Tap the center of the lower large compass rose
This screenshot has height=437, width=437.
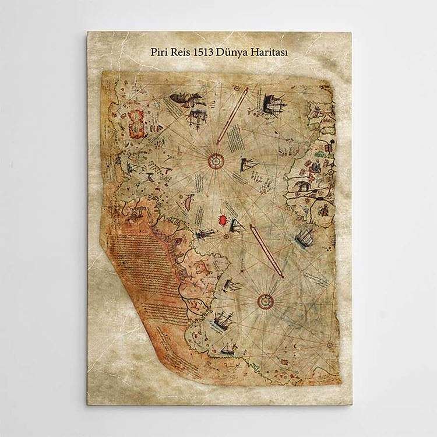(266, 301)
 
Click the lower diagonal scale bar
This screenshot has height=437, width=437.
(267, 251)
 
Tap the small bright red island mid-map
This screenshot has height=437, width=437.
(222, 220)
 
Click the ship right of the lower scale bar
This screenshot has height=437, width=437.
(305, 238)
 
